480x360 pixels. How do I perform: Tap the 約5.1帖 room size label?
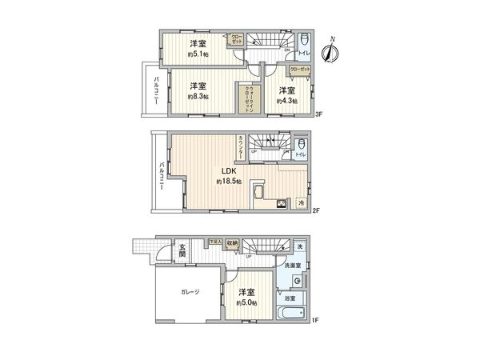point(198,54)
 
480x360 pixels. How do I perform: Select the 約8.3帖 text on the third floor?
point(198,97)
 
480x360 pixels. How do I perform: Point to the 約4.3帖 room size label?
point(286,102)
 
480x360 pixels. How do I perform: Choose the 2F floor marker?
point(316,211)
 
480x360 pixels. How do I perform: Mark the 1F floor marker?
point(316,321)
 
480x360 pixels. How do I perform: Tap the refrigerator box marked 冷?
point(301,203)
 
